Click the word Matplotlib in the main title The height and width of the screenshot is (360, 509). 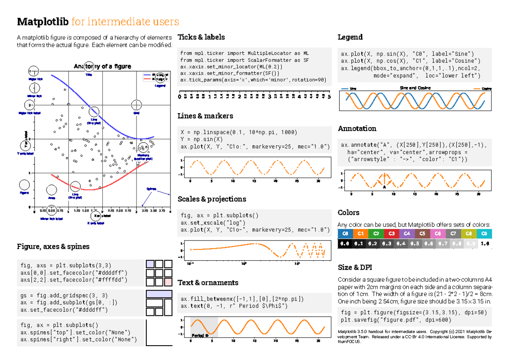pyautogui.click(x=43, y=22)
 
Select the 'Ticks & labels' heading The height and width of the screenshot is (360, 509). pyautogui.click(x=201, y=37)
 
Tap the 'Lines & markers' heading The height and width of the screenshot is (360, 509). pyautogui.click(x=205, y=116)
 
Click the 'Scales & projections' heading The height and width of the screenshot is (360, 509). pyautogui.click(x=212, y=199)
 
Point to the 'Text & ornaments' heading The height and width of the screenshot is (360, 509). pyautogui.click(x=208, y=282)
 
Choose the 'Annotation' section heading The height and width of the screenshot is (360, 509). pyautogui.click(x=357, y=128)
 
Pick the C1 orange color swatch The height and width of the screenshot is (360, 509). pyautogui.click(x=360, y=234)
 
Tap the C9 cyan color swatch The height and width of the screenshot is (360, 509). pyautogui.click(x=484, y=234)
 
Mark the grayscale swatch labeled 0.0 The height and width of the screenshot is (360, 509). pyautogui.click(x=345, y=244)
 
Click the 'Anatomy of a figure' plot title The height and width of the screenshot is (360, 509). pyautogui.click(x=102, y=66)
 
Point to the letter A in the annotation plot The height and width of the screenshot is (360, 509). pyautogui.click(x=384, y=187)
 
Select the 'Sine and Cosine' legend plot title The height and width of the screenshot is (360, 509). pyautogui.click(x=415, y=88)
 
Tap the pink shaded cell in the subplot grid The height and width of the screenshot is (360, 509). pyautogui.click(x=168, y=282)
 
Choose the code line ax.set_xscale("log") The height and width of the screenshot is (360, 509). pyautogui.click(x=207, y=223)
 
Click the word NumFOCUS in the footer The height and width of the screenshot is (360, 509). pyautogui.click(x=349, y=342)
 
